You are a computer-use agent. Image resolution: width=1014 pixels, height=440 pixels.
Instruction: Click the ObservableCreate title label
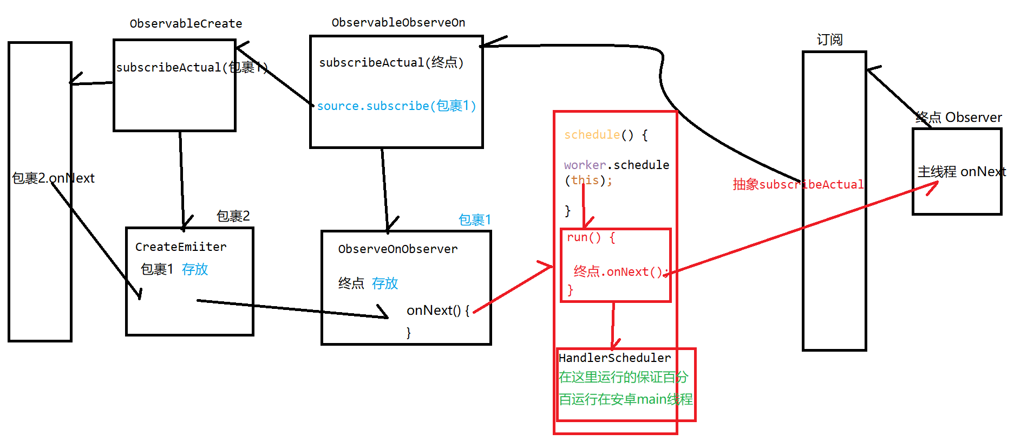186,24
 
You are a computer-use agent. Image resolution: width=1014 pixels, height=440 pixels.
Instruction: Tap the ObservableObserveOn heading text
398,23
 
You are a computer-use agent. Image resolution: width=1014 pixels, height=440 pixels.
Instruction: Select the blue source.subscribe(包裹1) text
396,106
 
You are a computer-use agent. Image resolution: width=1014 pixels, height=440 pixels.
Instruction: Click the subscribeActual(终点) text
391,63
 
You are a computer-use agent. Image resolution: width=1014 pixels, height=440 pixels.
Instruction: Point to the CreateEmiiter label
181,247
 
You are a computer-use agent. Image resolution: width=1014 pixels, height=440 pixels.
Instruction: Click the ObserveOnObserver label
398,249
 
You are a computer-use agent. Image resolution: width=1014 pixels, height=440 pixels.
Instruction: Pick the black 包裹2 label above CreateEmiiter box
233,216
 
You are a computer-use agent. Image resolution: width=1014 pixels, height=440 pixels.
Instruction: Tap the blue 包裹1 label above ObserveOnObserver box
474,220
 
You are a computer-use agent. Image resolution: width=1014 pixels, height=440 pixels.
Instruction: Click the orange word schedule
592,135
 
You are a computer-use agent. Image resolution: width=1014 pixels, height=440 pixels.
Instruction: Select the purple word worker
585,165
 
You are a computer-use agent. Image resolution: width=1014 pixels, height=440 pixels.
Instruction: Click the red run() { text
591,237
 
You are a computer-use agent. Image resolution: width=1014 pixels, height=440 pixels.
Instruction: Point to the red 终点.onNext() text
618,272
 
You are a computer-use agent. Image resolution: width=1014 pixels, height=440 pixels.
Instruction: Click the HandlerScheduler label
614,358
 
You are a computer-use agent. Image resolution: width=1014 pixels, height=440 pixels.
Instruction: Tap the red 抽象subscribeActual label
798,185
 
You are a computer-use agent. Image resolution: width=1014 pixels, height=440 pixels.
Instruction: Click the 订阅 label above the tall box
829,40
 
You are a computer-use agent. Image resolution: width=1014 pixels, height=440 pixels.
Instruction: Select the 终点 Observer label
958,118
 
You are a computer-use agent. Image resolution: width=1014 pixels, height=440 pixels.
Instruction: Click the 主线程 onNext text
961,172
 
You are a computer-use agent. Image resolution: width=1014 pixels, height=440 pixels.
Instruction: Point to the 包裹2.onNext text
53,178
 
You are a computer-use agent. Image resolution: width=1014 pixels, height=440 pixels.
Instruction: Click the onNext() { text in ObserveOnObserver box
437,310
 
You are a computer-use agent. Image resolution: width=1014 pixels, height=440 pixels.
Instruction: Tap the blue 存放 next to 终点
385,283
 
